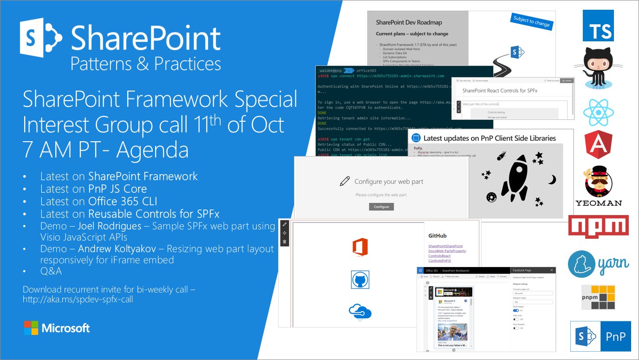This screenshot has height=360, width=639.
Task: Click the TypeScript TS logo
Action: pos(598,26)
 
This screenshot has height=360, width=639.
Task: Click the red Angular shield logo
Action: pos(598,145)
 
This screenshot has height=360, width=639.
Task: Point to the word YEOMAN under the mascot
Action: pos(598,203)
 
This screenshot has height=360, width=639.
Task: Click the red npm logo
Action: pos(598,226)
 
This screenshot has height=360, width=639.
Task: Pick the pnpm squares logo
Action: pos(598,297)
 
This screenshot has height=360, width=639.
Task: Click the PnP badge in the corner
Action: pos(600,336)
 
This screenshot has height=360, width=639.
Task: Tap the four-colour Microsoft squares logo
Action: pos(31,328)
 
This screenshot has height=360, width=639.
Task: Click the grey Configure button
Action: pos(381,207)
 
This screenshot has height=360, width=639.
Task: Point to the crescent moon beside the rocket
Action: pos(552,179)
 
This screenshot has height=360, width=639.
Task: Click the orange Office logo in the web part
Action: pos(360,247)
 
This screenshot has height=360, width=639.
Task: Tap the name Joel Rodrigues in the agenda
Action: pos(109,226)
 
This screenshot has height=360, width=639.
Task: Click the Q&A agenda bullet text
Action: pos(51,271)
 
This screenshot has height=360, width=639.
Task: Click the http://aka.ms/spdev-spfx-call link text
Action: pos(78,300)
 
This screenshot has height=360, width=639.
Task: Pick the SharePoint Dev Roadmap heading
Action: pos(409,22)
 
